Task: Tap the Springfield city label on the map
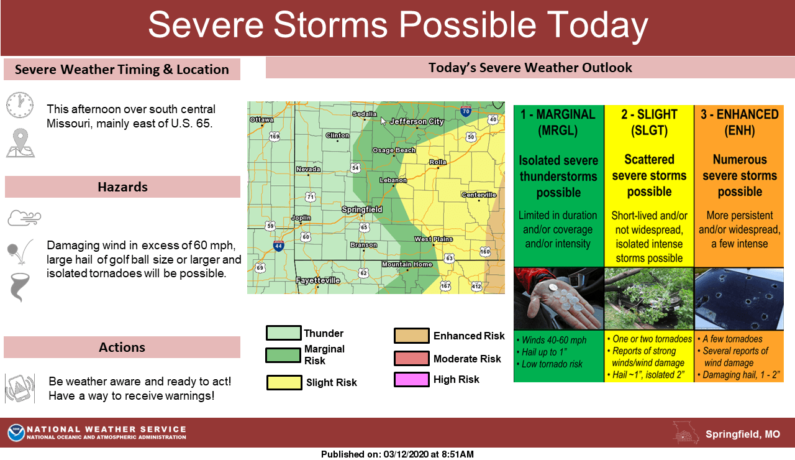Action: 362,209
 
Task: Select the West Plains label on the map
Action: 434,239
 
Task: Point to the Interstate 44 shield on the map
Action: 279,246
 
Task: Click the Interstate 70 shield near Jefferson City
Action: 466,112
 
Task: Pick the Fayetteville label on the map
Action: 317,280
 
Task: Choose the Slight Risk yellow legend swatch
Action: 284,382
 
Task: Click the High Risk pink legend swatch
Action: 411,379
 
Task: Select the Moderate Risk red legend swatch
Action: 411,359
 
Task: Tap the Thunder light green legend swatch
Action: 284,333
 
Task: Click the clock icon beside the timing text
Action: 20,106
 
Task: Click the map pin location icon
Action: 20,142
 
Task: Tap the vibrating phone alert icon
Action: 20,389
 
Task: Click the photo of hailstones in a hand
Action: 558,298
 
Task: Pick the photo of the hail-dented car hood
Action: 738,298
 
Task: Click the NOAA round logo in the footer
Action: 16,433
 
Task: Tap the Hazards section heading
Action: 122,187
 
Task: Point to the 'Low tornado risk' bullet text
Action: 553,364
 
